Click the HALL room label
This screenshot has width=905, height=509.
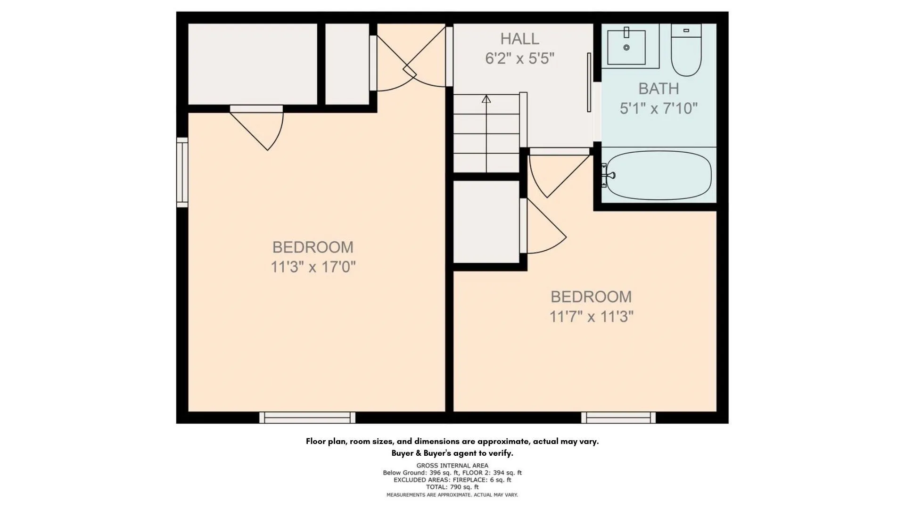(519, 39)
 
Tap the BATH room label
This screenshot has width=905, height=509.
(658, 89)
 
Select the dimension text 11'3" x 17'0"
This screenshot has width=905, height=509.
(313, 267)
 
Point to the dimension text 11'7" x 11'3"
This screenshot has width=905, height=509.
(591, 317)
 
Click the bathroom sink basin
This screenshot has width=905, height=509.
(626, 47)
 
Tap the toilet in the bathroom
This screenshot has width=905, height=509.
(686, 50)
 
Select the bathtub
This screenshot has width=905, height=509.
(658, 175)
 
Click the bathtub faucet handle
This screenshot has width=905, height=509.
(611, 176)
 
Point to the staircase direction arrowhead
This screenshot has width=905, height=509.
(486, 99)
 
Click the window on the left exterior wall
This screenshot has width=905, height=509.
(182, 172)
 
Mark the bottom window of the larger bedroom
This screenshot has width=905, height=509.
(307, 418)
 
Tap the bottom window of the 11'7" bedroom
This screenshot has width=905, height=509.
(618, 418)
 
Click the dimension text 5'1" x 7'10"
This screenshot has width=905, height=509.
(658, 108)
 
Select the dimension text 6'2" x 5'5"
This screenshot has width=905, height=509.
(519, 58)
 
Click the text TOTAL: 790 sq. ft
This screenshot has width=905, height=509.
(452, 487)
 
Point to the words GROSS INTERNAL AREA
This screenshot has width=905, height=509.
(452, 466)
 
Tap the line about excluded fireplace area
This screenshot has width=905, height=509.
(452, 480)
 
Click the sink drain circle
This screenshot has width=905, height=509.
(626, 48)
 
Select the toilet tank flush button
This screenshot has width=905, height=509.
(686, 30)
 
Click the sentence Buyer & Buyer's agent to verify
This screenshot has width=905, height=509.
(452, 453)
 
